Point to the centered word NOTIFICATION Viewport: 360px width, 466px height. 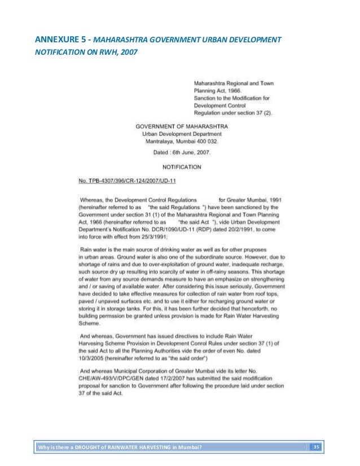(x=181, y=167)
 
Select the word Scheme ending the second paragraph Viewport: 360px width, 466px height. (x=89, y=324)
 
